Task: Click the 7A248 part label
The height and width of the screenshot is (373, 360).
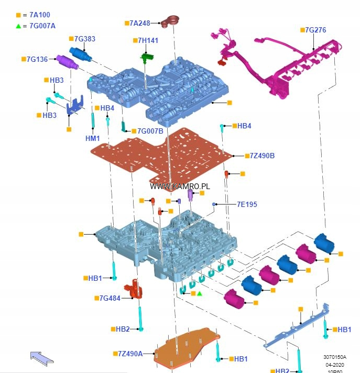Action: click(140, 23)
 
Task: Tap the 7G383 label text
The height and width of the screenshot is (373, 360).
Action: click(84, 39)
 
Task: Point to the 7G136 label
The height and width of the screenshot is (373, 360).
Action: click(37, 59)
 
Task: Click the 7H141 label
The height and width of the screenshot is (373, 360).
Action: click(148, 40)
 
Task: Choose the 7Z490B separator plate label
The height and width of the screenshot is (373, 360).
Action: click(262, 156)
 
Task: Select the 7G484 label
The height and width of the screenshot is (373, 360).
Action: click(110, 298)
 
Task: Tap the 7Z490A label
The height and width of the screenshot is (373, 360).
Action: click(130, 354)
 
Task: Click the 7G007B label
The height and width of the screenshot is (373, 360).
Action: click(150, 131)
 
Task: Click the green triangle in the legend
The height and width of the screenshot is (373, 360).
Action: click(19, 26)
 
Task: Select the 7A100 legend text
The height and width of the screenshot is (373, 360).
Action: click(40, 15)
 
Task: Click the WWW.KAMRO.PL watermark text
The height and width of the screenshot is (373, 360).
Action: click(180, 186)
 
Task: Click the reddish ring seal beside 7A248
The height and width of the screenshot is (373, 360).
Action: click(171, 21)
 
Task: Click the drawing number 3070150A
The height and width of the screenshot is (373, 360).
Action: click(335, 357)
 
